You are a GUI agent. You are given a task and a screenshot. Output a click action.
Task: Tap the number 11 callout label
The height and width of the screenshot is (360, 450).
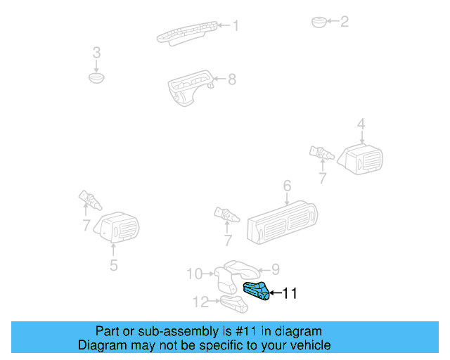pyautogui.click(x=289, y=294)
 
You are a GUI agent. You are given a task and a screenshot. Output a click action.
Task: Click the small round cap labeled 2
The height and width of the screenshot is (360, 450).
pyautogui.click(x=319, y=22)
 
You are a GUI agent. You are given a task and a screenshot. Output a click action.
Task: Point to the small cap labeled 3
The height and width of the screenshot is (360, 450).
pyautogui.click(x=96, y=75)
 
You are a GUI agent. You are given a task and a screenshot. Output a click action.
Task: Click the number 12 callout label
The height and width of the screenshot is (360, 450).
pyautogui.click(x=201, y=302)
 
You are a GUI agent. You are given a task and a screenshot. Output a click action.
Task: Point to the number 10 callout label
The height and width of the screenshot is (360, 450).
pyautogui.click(x=194, y=273)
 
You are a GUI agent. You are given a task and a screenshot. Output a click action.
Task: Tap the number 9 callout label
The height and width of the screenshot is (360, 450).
pyautogui.click(x=276, y=268)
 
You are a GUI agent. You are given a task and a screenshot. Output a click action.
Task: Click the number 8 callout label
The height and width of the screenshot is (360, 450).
pyautogui.click(x=231, y=79)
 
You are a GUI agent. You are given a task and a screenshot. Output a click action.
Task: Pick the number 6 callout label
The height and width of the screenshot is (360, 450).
pyautogui.click(x=287, y=186)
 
